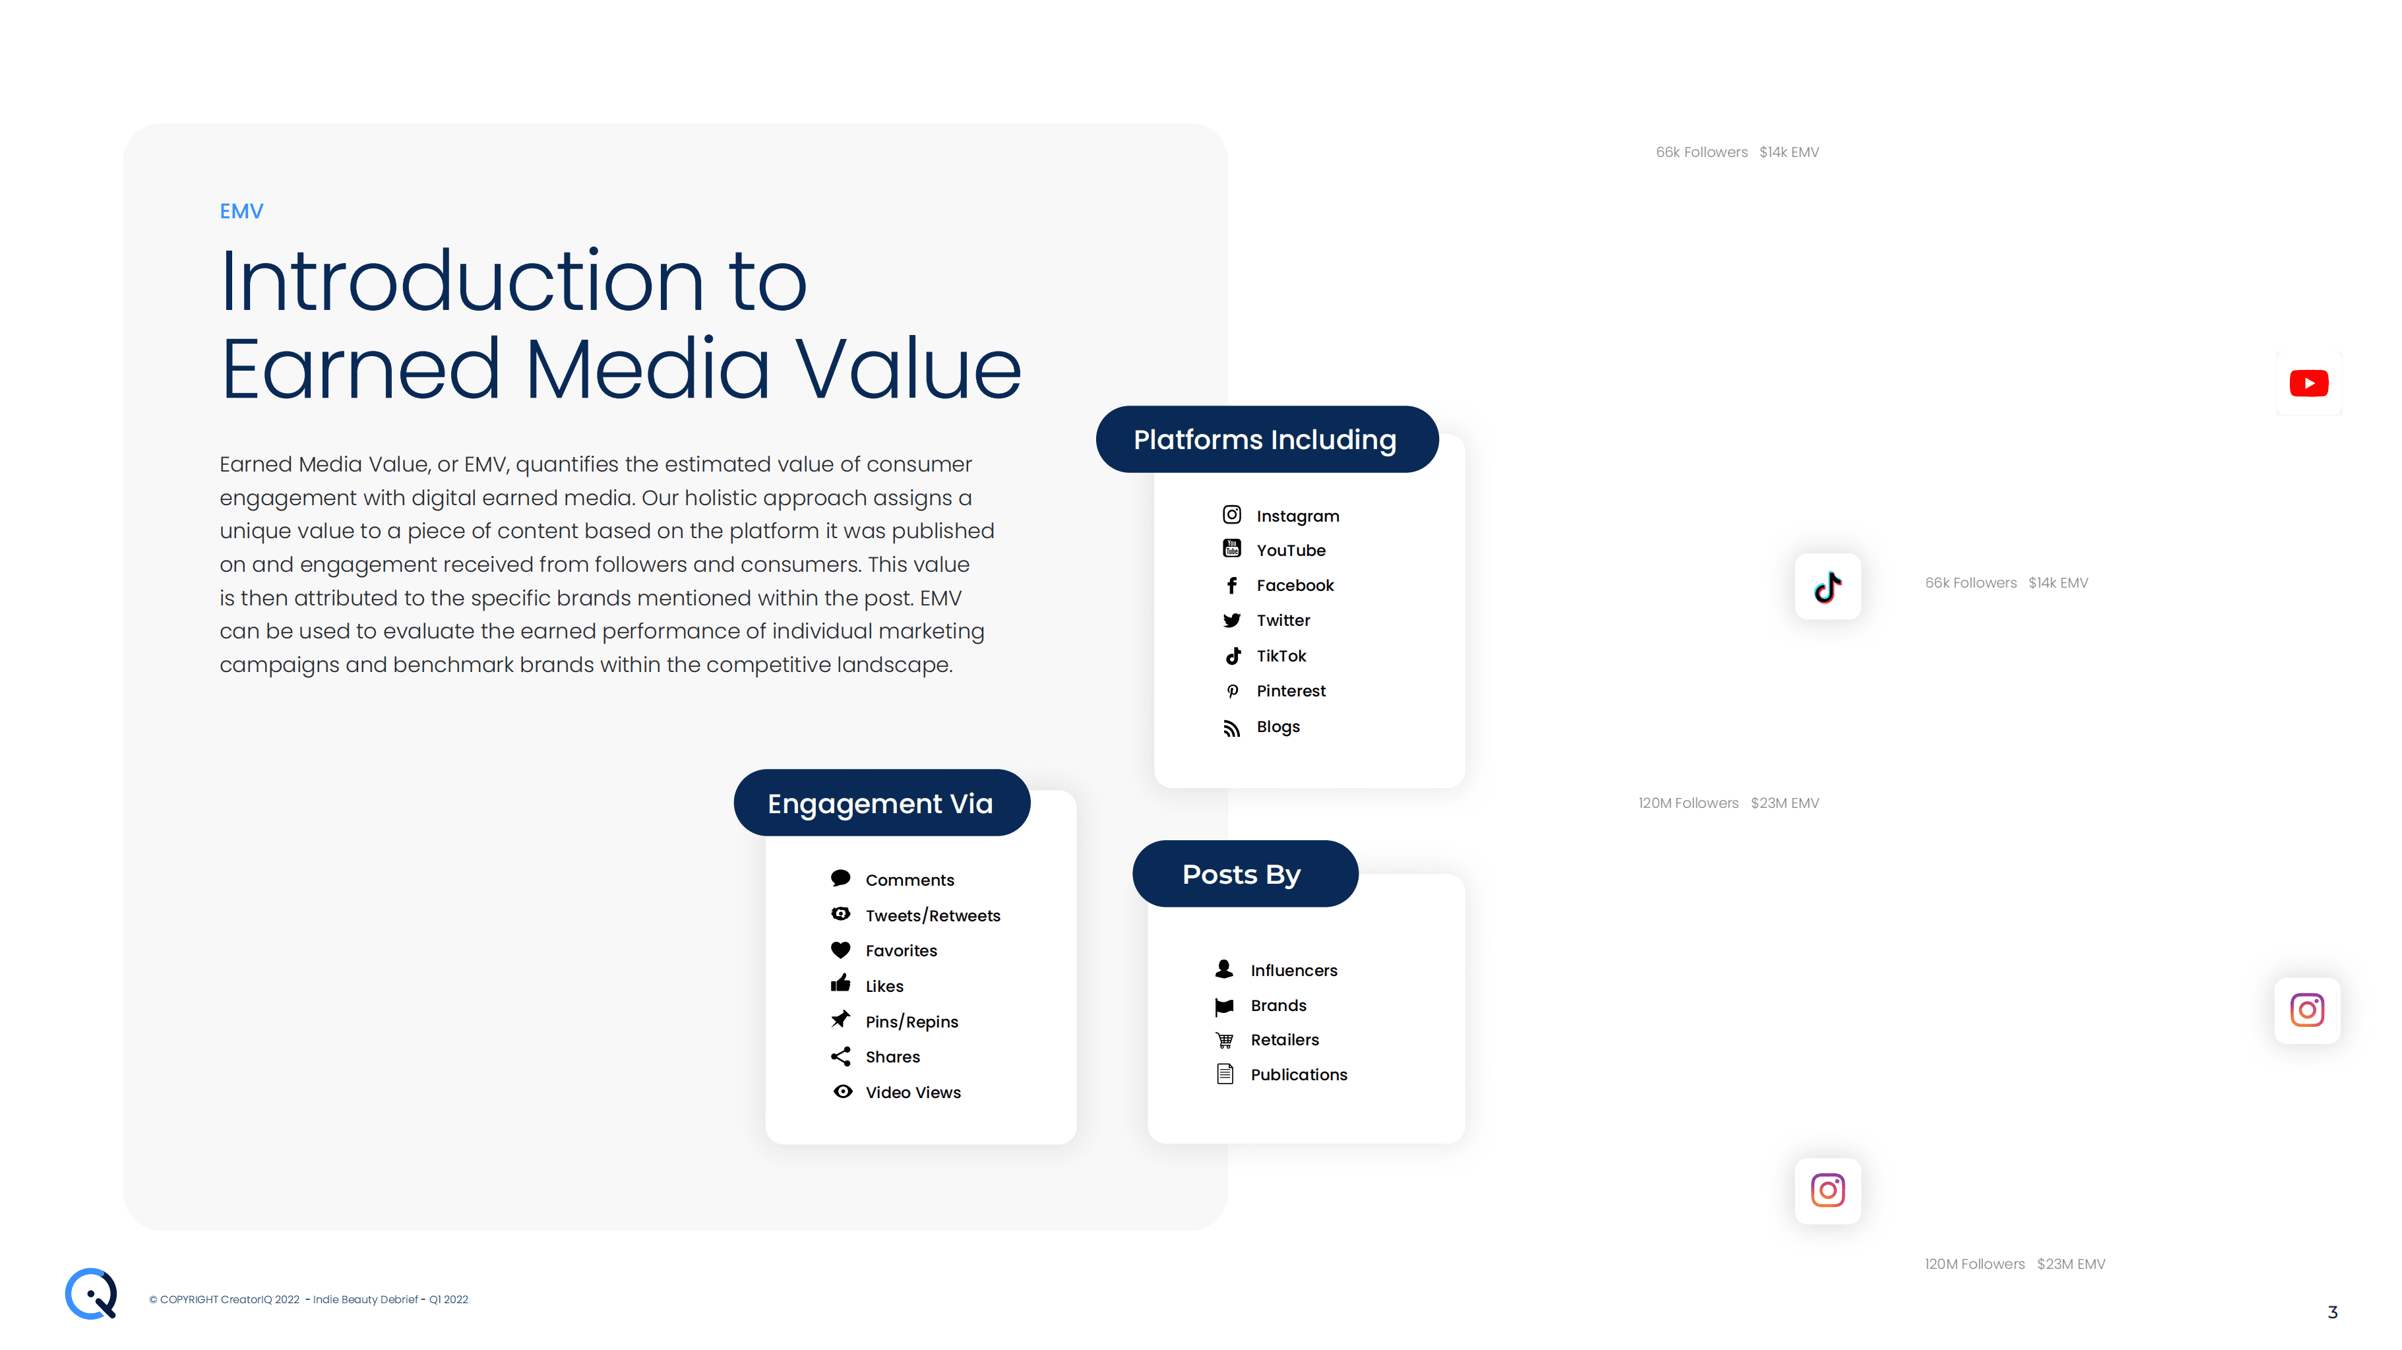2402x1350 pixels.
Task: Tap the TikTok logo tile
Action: coord(1828,586)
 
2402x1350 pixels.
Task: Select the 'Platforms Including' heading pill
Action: coord(1266,439)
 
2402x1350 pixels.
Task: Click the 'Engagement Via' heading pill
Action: coord(881,803)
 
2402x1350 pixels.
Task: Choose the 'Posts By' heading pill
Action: coord(1245,874)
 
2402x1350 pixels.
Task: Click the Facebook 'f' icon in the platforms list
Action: coord(1232,586)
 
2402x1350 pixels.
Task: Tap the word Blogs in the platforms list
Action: coord(1278,726)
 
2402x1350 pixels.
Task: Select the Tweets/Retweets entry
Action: coord(915,915)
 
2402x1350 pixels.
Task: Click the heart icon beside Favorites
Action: coord(840,950)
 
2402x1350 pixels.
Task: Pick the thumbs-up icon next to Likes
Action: coord(840,983)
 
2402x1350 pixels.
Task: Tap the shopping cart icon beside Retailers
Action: coord(1224,1039)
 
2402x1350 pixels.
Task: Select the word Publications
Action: coord(1299,1075)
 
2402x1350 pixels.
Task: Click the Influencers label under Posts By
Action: coord(1294,971)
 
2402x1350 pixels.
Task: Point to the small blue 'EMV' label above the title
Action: coord(241,212)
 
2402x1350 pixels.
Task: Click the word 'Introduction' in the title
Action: coord(462,281)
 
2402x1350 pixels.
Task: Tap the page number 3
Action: coord(2333,1312)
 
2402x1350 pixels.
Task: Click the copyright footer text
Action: coord(309,1300)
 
